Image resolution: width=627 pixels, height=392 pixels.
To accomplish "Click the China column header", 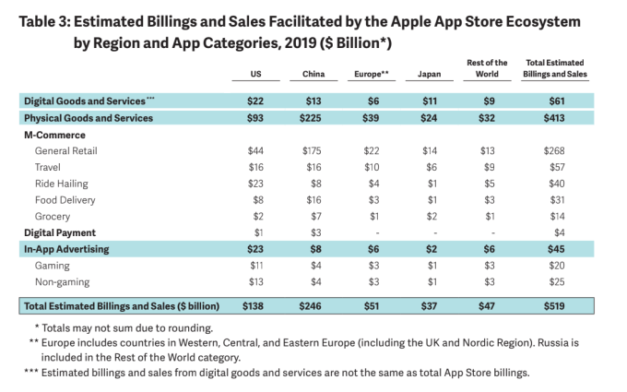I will [313, 74].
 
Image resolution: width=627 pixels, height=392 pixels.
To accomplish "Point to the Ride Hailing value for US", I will [255, 183].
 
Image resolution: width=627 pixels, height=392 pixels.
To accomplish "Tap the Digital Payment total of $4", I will [560, 232].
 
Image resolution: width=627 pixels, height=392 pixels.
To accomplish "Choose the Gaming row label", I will [52, 266].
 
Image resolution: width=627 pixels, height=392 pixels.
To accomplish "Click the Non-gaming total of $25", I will [560, 282].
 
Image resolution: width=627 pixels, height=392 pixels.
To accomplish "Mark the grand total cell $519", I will [559, 304].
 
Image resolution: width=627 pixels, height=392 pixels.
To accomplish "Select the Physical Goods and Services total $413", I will [559, 117].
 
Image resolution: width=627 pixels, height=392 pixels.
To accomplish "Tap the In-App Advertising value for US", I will [255, 249].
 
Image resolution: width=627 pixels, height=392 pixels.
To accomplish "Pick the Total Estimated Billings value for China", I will [313, 304].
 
